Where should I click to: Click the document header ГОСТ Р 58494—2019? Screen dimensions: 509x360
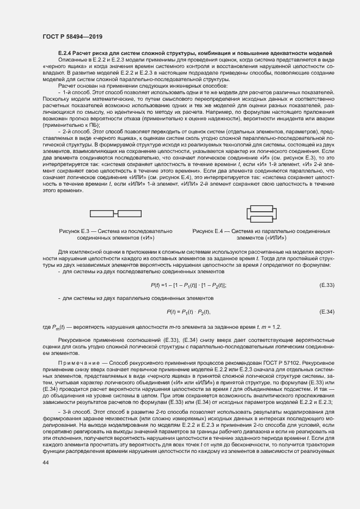(72, 36)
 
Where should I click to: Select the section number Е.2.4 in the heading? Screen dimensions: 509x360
(66, 53)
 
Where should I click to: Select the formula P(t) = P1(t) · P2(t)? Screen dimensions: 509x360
(188, 311)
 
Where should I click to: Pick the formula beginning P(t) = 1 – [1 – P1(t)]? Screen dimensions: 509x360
(188, 285)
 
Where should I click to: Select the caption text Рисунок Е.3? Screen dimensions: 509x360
(75, 231)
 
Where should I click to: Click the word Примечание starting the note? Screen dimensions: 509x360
(78, 361)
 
